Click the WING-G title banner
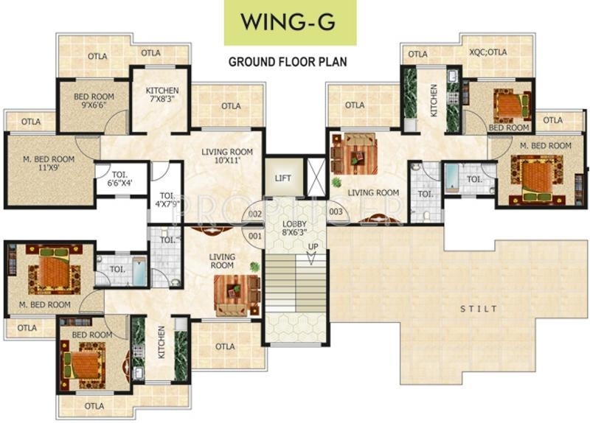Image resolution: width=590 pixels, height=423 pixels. pos(290,23)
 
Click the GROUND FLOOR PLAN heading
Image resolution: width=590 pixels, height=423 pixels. pos(288,62)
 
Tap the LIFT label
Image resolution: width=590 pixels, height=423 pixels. pos(282,178)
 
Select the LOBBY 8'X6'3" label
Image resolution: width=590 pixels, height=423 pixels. pos(294,228)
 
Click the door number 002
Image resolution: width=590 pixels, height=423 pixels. pos(254,214)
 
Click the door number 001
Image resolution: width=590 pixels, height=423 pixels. pos(254,236)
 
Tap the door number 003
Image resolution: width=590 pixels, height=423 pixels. pos(336,212)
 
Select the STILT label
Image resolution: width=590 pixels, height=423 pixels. pos(479,309)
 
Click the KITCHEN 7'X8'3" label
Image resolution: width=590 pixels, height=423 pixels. pos(162,95)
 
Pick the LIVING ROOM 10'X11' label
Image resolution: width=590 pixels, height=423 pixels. pos(227,156)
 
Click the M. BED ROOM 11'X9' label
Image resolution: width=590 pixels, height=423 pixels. pos(49,163)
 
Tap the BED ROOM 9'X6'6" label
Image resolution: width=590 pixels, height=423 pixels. pos(94,100)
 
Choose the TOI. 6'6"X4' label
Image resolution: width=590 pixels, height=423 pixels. pos(119,178)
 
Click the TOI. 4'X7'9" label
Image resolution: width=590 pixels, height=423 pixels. pos(168,200)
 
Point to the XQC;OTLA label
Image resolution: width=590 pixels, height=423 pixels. pos(488,52)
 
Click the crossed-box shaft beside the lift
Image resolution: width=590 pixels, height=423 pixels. pos(316,177)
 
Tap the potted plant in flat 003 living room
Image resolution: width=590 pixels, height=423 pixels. pos(336,182)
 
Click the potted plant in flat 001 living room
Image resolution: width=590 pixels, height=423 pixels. pos(255,267)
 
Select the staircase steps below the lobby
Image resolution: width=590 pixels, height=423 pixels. pos(296,283)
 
